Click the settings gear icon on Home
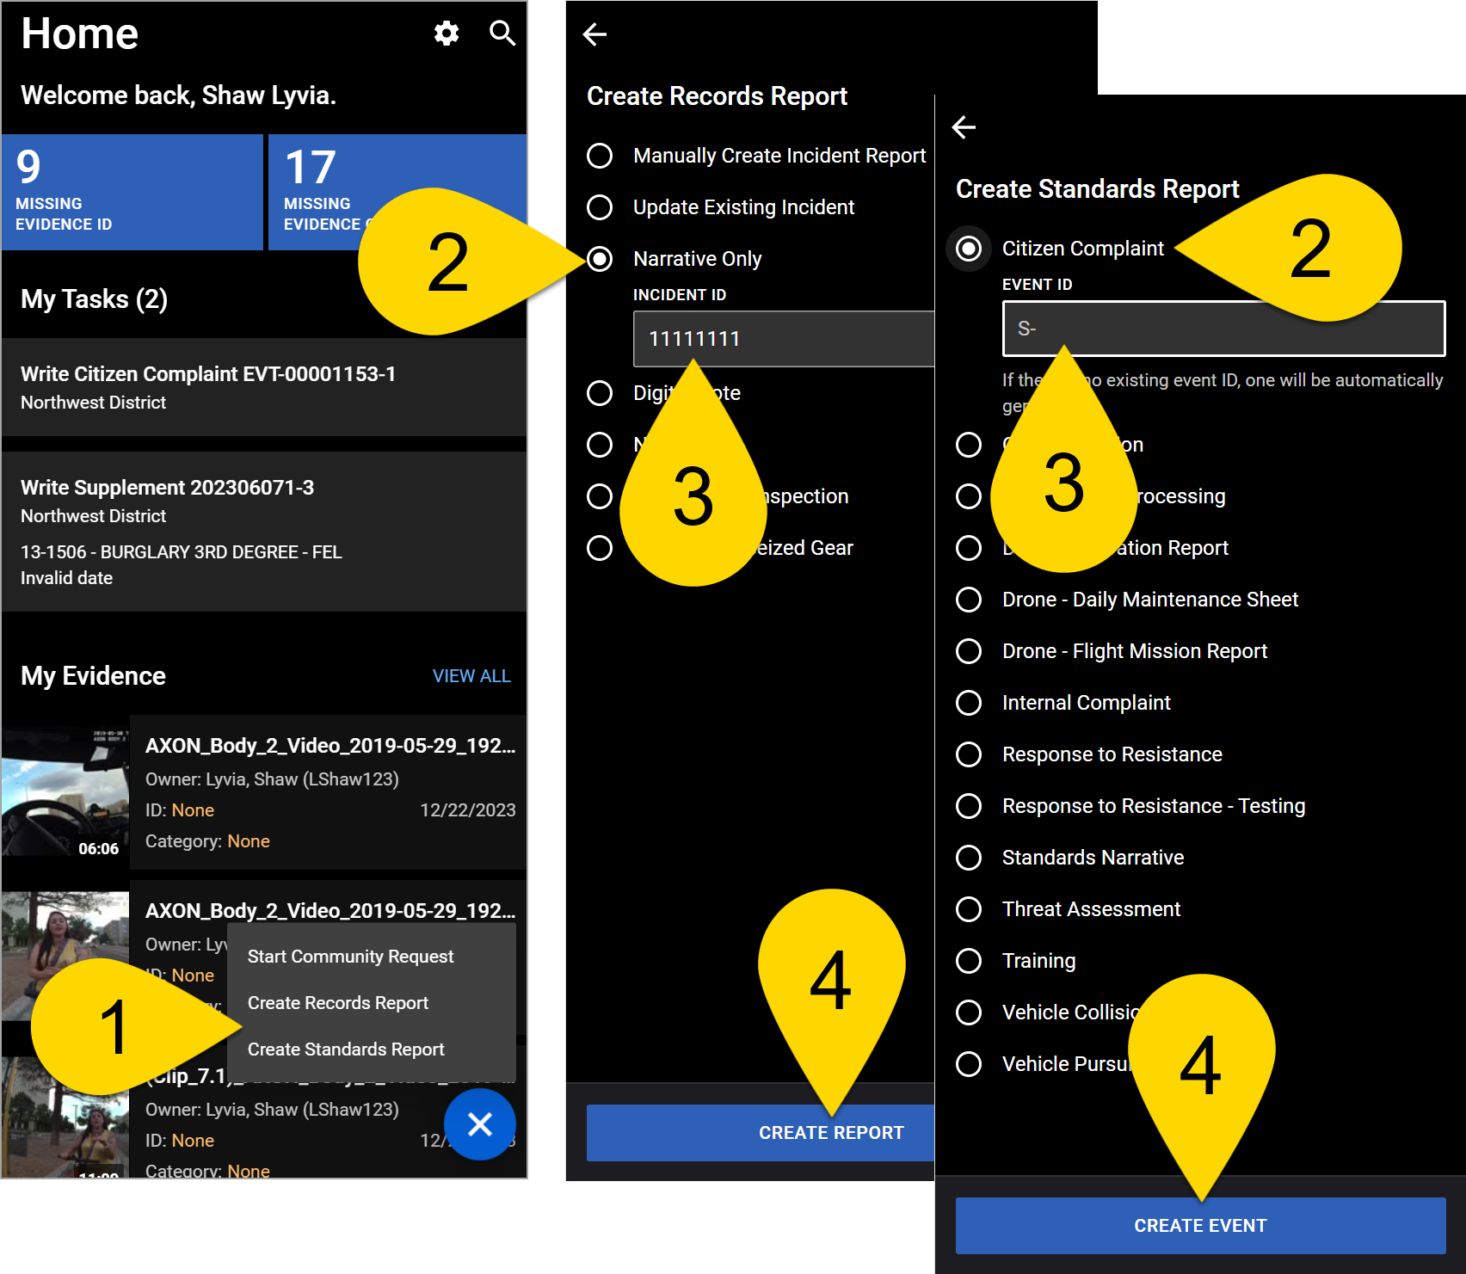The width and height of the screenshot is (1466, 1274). (447, 34)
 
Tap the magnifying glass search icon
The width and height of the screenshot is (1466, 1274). (502, 34)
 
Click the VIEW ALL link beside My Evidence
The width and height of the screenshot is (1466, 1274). (471, 676)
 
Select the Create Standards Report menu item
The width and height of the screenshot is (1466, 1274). (346, 1049)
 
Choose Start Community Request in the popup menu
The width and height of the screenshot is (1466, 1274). (350, 957)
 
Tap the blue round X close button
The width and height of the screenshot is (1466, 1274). (480, 1123)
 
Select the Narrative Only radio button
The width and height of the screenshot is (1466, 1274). (600, 259)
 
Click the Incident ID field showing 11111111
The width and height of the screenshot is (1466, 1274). (783, 339)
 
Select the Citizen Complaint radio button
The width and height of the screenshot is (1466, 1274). (969, 249)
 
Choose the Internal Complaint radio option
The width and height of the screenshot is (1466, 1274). (969, 703)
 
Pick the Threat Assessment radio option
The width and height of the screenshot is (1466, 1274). (969, 909)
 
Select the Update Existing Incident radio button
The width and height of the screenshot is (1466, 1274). (600, 207)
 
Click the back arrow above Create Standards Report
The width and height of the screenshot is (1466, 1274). (964, 127)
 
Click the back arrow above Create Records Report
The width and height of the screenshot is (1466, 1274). (594, 34)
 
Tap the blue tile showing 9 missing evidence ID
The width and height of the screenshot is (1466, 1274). (132, 192)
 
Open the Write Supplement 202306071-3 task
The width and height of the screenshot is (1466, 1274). (264, 531)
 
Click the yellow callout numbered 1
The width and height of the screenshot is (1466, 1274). (112, 1026)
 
